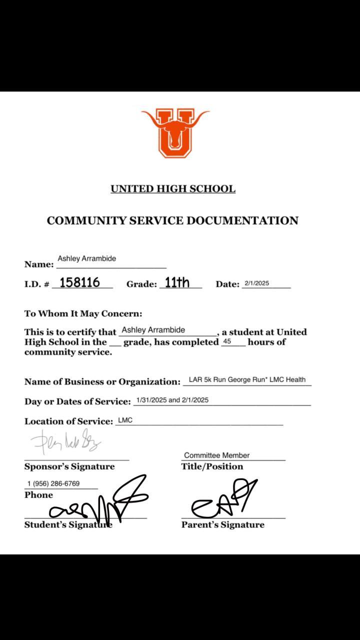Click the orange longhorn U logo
point(175,132)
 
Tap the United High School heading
point(173,189)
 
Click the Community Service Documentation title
point(172,220)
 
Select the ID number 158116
point(79,282)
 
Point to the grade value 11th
point(177,282)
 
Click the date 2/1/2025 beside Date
point(256,283)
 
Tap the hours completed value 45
point(226,342)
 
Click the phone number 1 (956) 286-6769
point(53,484)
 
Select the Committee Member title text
point(216,455)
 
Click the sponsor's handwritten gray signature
point(65,441)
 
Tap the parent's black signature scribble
point(223,500)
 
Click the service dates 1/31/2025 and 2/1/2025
point(172,400)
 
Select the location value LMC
point(125,420)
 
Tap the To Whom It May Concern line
point(83,314)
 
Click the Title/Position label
point(212,466)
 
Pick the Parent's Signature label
point(222,525)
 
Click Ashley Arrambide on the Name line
point(86,258)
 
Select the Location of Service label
point(68,421)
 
